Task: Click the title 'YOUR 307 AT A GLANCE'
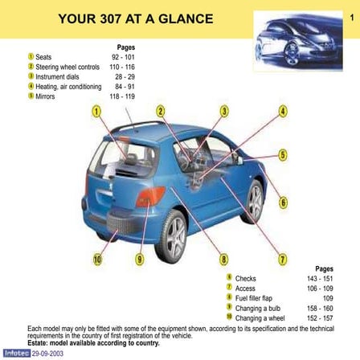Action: point(136,18)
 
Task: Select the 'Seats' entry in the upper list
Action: point(43,58)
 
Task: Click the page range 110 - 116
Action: point(122,67)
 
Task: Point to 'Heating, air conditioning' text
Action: point(68,87)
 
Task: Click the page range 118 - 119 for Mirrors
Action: point(122,96)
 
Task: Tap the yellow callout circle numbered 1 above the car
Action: point(96,111)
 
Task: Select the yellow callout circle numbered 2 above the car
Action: point(161,111)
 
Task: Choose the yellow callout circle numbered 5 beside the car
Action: point(283,154)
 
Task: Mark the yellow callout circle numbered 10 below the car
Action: point(97,259)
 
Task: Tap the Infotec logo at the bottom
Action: point(15,353)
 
